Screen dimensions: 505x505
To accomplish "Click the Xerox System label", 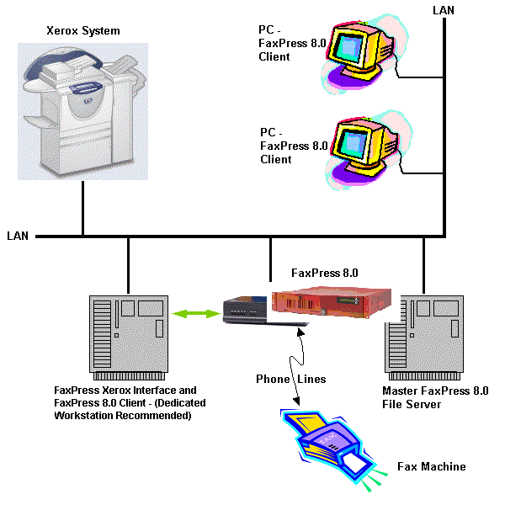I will click(82, 31).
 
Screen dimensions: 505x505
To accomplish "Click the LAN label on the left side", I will click(18, 236).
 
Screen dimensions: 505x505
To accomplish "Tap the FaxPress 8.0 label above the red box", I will click(324, 273).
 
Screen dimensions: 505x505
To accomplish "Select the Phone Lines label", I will click(290, 379).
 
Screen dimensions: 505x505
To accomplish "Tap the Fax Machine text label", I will click(431, 466).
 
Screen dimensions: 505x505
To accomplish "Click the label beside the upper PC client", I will click(282, 44).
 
